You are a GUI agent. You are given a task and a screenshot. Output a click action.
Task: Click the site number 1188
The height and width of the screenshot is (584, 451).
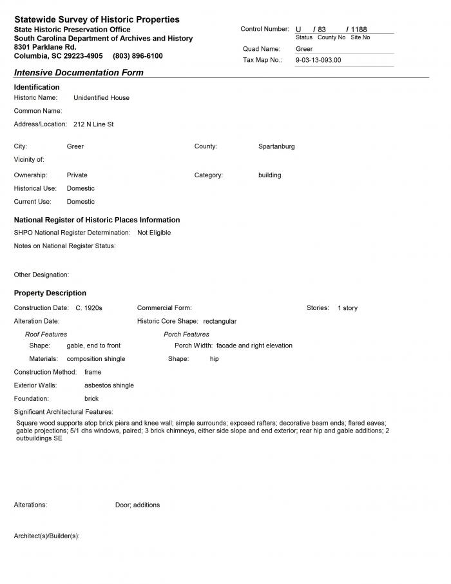[x=358, y=30]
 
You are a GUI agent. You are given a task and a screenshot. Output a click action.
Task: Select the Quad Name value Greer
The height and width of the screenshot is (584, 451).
[x=304, y=49]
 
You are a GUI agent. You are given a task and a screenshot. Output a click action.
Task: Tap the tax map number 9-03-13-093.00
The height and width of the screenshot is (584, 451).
[x=318, y=60]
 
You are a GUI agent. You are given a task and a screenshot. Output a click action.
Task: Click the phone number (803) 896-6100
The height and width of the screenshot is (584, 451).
[x=137, y=56]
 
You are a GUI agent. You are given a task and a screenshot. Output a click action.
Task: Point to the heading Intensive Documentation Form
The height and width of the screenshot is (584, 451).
[x=79, y=73]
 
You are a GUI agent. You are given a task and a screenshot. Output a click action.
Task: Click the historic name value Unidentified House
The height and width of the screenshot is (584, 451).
[x=101, y=98]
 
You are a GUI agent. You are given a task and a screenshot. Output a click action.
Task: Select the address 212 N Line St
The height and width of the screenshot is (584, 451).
[x=93, y=124]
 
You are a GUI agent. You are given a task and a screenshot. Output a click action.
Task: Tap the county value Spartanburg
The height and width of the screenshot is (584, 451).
[x=276, y=146]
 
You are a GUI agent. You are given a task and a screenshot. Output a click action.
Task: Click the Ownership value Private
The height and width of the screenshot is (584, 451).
[x=77, y=175]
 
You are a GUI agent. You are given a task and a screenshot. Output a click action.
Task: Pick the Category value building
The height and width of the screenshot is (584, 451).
[x=269, y=175]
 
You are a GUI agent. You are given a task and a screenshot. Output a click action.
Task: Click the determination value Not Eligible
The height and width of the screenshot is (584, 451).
[x=154, y=233]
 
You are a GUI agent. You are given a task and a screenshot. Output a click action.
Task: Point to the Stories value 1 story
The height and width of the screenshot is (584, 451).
[x=347, y=308]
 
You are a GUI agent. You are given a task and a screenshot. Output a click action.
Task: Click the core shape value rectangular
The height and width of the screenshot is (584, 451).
[x=220, y=321]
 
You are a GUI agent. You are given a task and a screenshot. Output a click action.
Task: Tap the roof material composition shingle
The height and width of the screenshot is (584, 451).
[x=96, y=359]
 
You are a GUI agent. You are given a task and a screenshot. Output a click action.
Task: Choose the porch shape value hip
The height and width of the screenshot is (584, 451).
[x=215, y=359]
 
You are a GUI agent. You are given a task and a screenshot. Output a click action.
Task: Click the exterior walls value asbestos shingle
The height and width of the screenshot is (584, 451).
[x=109, y=385]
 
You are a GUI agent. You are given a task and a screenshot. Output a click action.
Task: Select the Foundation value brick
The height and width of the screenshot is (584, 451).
[x=91, y=399]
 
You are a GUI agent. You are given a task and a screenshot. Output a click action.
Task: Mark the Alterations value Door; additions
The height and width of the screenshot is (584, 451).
[x=137, y=505]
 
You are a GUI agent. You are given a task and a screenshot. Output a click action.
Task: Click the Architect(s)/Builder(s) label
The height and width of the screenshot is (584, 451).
[x=46, y=536]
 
